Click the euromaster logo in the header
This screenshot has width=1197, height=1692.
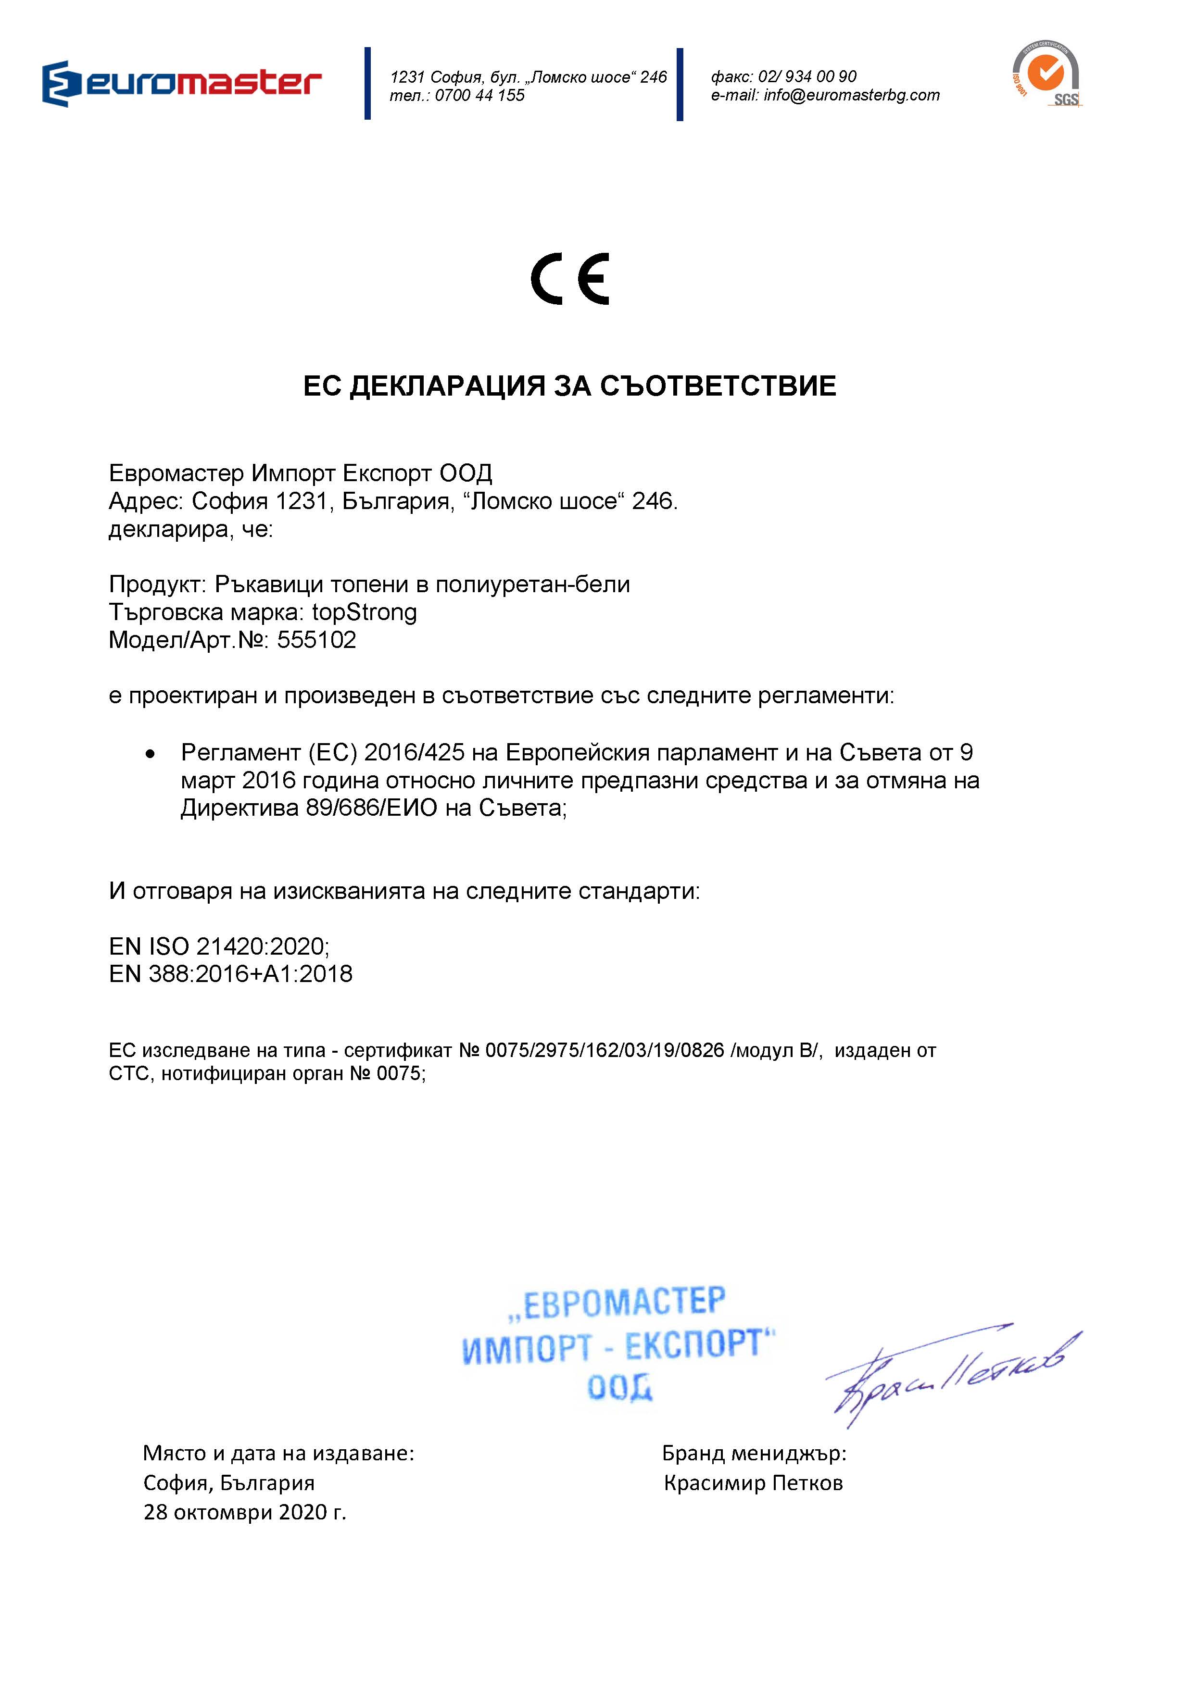(181, 83)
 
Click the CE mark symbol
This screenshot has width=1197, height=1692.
(570, 279)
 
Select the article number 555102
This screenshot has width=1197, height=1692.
(316, 640)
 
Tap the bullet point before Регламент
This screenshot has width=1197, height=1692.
(151, 754)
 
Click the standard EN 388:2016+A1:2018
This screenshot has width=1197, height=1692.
(231, 974)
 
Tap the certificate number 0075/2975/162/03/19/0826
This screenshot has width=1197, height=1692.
(605, 1051)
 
